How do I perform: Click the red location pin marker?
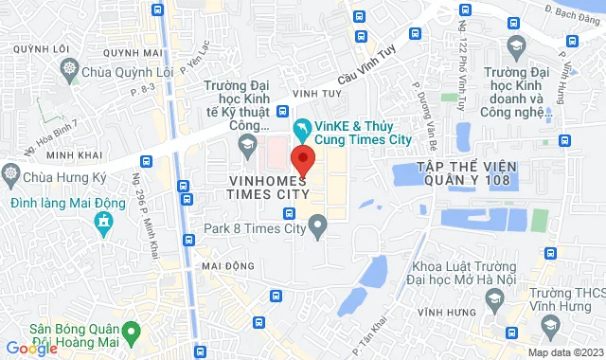pos(302,157)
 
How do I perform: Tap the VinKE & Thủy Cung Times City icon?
pos(301,127)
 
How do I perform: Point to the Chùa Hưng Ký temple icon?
pos(10,173)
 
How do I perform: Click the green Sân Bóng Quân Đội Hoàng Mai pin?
pos(134,331)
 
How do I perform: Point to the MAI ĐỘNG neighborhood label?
pos(226,267)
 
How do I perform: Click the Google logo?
pos(31,348)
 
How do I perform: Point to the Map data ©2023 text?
pos(564,352)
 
